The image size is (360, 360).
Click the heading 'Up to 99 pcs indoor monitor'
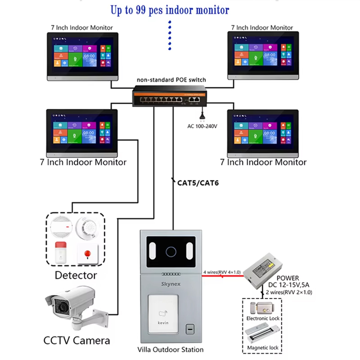tap(169, 9)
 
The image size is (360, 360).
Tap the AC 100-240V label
tap(202, 126)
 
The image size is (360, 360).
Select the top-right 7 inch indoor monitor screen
tap(262, 56)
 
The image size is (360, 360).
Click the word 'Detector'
tap(75, 276)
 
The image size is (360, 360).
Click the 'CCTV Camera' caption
tap(76, 341)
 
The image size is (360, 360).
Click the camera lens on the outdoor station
tap(171, 251)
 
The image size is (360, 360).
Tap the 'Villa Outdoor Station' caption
tap(170, 350)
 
